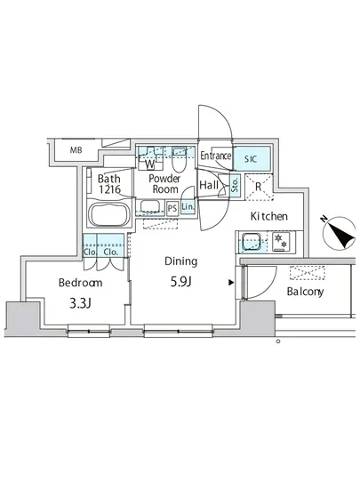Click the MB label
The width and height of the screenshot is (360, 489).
click(76, 150)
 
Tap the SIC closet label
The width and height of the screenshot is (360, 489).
click(251, 159)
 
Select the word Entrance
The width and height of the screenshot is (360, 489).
click(216, 156)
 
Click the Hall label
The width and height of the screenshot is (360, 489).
click(209, 185)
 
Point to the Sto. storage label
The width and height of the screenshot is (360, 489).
click(236, 185)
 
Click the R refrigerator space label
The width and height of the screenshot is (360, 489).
click(259, 187)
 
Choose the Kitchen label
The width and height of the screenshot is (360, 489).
click(269, 216)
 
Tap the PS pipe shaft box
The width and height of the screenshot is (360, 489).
click(172, 208)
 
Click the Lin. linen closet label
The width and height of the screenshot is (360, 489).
click(188, 207)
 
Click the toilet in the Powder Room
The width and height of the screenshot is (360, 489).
click(179, 159)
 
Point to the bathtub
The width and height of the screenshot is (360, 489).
click(108, 215)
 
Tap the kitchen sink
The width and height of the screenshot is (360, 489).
click(252, 241)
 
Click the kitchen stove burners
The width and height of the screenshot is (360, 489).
click(281, 241)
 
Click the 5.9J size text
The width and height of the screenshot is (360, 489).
click(180, 282)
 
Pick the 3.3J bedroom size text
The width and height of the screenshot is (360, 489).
click(80, 303)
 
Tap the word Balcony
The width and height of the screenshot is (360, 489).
click(305, 292)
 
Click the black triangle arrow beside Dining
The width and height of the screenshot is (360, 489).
click(231, 283)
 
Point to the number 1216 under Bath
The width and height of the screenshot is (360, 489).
click(109, 189)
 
